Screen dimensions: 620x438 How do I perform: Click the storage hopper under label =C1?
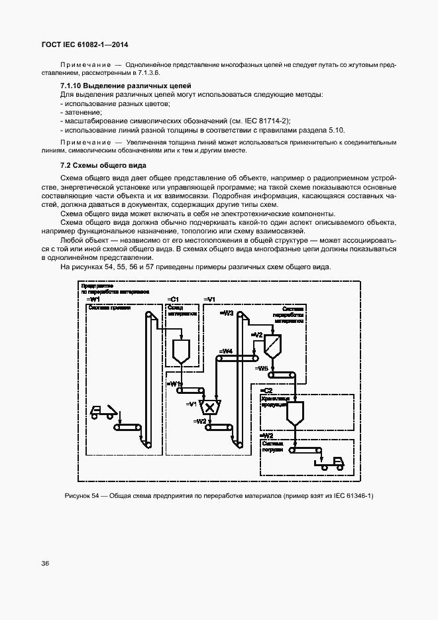pyautogui.click(x=181, y=351)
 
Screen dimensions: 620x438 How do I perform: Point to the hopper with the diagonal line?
pyautogui.click(x=272, y=343)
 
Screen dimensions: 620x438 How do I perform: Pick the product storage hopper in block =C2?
pyautogui.click(x=295, y=412)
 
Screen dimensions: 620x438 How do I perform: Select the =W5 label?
pyautogui.click(x=261, y=367)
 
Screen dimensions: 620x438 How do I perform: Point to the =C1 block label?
pyautogui.click(x=174, y=300)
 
